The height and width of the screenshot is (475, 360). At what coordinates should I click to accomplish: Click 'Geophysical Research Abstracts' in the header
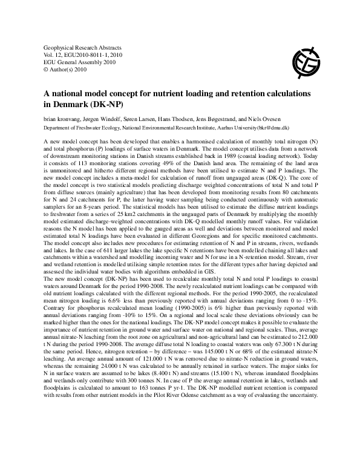coord(83,47)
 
